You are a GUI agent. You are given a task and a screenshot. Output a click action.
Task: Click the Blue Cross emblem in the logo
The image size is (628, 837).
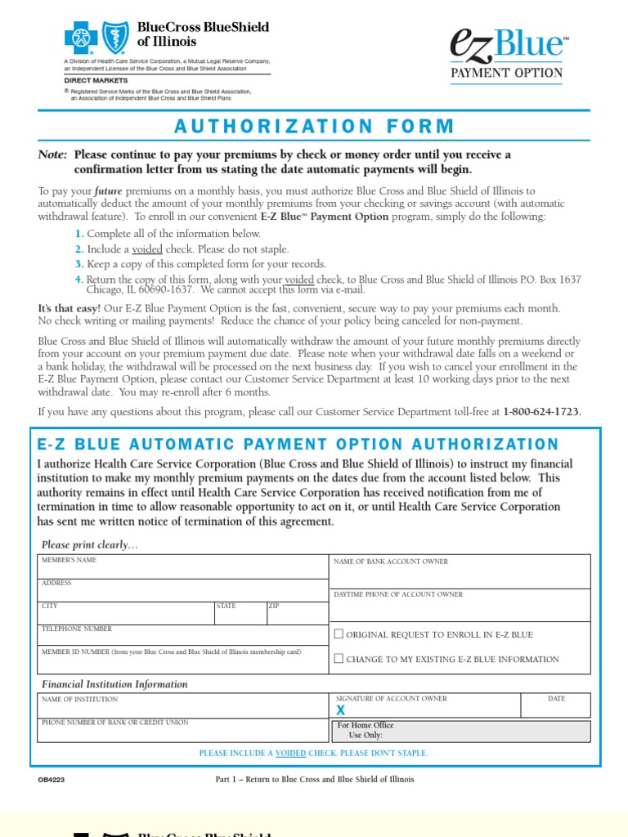coord(81,38)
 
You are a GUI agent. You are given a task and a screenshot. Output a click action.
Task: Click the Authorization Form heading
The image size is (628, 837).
coord(314,126)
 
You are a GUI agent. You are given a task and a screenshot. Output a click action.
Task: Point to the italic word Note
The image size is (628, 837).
coord(52,155)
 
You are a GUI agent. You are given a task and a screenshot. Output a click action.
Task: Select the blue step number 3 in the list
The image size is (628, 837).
coord(79,264)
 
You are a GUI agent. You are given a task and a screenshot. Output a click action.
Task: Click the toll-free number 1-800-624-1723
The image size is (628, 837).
coord(541,412)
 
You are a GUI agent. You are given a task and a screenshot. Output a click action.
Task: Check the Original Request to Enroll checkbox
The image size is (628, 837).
coord(339,634)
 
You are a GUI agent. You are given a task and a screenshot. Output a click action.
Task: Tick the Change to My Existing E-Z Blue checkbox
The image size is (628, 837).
coord(339,659)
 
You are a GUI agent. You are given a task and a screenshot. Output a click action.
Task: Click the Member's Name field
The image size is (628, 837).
coord(183,567)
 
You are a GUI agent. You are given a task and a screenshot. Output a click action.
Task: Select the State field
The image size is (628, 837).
coord(239,614)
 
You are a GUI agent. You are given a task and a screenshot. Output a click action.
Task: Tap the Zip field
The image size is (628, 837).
coord(296,614)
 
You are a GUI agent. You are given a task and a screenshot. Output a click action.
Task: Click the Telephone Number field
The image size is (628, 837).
coord(183,637)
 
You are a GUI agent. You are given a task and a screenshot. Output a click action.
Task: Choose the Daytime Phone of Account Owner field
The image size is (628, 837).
coord(460,606)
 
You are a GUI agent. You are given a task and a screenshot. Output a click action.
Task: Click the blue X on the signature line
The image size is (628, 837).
coord(341,710)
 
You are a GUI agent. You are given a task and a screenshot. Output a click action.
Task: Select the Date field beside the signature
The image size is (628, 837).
coord(556,706)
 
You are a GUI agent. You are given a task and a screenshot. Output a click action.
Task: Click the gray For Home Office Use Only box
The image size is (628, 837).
coord(460,731)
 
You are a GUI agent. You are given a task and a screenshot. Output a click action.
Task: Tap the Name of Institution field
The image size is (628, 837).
coord(183,706)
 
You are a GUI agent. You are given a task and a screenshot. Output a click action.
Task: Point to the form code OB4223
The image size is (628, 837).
coord(51,780)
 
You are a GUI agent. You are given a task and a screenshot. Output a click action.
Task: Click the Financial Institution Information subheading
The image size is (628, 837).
coord(114,684)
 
